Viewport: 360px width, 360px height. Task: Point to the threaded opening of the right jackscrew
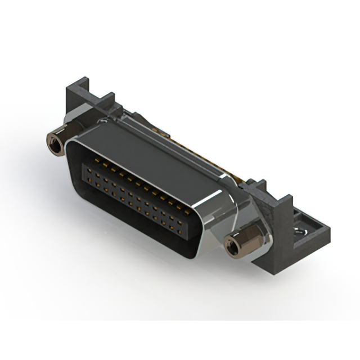point(232,245)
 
